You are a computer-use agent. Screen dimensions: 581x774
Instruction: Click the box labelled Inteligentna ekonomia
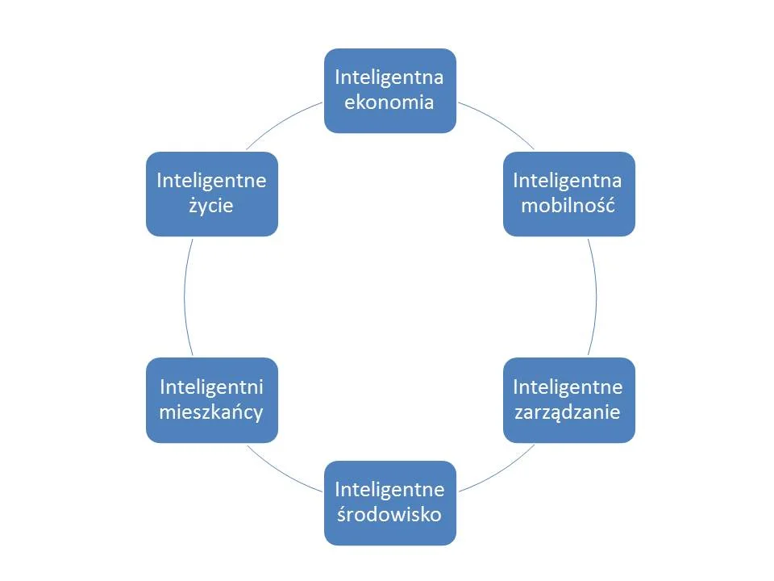coord(390,90)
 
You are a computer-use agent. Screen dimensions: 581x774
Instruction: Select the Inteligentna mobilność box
coord(569,194)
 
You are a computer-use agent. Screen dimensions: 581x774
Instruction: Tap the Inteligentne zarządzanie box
coord(569,400)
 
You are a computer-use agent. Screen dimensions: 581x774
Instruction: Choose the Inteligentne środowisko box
coord(390,503)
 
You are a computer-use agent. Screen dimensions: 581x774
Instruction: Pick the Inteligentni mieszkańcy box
coord(212,400)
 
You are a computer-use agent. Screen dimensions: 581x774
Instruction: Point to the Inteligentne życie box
coord(212,194)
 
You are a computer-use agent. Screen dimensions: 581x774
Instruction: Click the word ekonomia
coord(390,102)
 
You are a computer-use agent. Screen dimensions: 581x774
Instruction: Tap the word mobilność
coord(568,205)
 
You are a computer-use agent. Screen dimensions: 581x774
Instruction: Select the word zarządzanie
coord(569,412)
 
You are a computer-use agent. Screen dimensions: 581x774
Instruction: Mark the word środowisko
coord(390,514)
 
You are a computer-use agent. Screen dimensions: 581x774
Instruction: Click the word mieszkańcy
coord(212,412)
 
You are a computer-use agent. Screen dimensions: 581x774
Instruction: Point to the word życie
coord(211,206)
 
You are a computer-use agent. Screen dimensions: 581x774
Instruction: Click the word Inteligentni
coord(212,387)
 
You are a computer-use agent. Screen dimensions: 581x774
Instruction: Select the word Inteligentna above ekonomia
coord(390,77)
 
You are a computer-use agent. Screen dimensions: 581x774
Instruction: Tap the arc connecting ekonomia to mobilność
coord(497,122)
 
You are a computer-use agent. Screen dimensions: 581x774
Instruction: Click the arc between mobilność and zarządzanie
coord(597,297)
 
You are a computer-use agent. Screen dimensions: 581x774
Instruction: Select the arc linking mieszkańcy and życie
coord(184,297)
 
